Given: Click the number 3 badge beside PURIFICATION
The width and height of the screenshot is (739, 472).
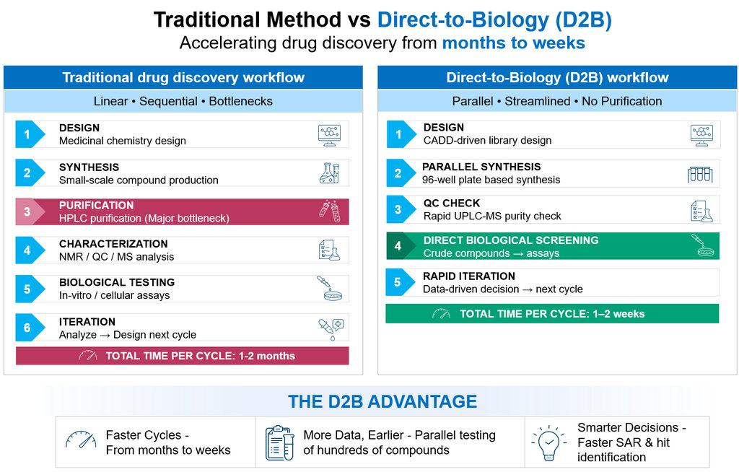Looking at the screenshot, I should [x=27, y=212].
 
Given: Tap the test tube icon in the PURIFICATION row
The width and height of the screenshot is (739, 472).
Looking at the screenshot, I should [x=329, y=211].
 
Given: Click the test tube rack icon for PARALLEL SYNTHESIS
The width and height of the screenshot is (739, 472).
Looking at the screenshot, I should [x=700, y=173].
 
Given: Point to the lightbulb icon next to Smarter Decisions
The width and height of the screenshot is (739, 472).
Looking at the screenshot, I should [x=548, y=442].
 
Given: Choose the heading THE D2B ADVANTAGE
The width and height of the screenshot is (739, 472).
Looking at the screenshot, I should [x=382, y=402].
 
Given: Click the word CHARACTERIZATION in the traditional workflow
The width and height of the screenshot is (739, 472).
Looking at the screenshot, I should [x=113, y=244].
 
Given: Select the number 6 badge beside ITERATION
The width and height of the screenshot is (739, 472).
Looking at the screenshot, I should [x=27, y=328].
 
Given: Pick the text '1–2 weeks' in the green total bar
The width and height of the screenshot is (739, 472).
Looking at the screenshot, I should [x=617, y=314].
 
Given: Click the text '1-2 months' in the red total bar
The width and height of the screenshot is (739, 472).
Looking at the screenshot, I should [x=263, y=356].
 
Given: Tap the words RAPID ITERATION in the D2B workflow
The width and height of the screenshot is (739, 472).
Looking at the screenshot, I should [x=469, y=276].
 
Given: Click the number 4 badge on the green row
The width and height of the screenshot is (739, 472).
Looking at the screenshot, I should [x=398, y=246].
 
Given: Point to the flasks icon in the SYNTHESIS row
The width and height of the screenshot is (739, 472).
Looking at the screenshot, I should [x=329, y=173].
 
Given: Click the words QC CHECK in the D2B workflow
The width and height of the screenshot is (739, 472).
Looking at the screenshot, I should [x=452, y=204].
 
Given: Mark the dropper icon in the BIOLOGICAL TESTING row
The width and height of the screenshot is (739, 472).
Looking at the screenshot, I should [x=329, y=288].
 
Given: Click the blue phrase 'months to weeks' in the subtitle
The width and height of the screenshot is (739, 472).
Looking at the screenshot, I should [x=513, y=43].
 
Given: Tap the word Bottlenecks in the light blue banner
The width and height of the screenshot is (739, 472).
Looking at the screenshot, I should [x=240, y=101].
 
